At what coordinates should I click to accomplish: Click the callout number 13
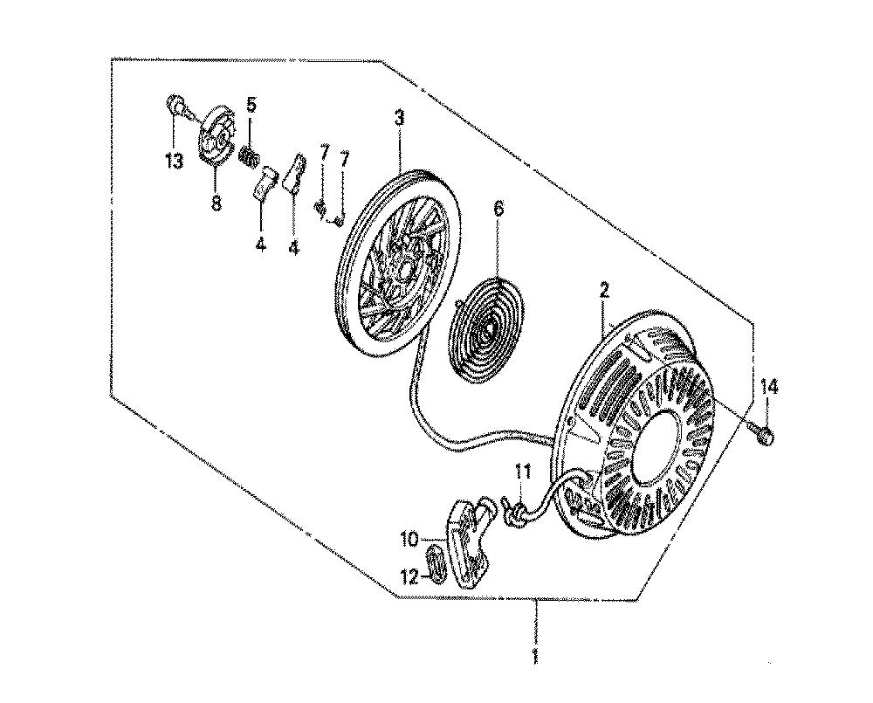pos(174,161)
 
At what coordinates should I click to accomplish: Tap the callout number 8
pos(216,202)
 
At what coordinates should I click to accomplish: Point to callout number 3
pos(399,118)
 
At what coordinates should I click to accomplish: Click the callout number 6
pos(498,209)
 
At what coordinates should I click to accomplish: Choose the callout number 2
pos(604,290)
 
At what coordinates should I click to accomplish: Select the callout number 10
pos(411,539)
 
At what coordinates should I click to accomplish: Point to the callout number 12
pos(409,577)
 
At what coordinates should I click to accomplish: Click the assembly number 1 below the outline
pos(536,656)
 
